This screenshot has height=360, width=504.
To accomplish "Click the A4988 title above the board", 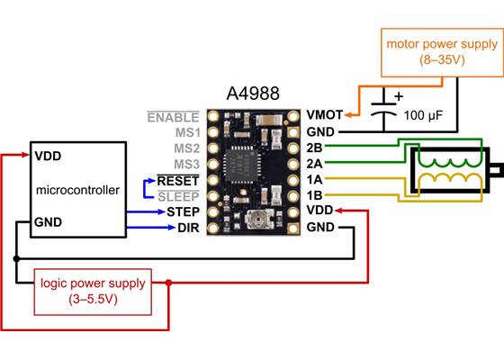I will tap(254, 94).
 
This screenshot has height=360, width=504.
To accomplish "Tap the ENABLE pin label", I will tap(174, 117).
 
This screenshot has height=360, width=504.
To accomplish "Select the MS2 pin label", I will tap(186, 148).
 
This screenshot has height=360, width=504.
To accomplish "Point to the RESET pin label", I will tap(178, 180).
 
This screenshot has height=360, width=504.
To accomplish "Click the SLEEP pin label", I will tap(179, 196).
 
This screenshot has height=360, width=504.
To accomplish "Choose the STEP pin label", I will tap(182, 212).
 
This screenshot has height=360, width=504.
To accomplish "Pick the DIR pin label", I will tap(187, 229).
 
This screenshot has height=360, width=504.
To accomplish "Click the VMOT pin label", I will tap(324, 115).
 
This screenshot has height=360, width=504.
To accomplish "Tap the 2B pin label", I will tap(315, 147).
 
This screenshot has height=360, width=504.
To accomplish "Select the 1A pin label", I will tap(315, 179).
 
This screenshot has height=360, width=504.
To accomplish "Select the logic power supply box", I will tap(92, 291).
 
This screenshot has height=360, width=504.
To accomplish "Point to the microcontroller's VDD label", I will tap(49, 155).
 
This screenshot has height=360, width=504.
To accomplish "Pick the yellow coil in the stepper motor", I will tap(450, 180).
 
